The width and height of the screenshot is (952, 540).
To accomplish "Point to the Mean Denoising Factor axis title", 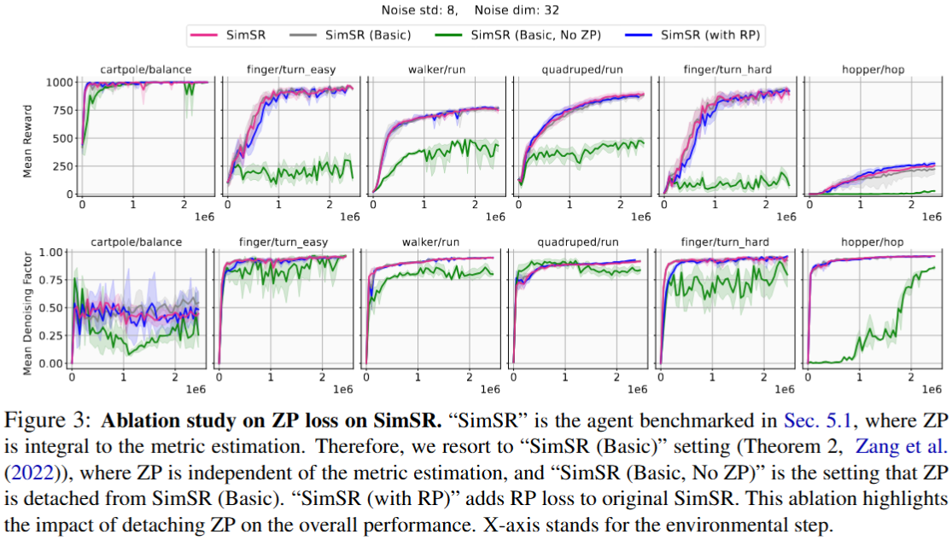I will coord(29,308).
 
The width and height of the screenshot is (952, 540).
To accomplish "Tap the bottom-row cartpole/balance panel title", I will coord(141,241).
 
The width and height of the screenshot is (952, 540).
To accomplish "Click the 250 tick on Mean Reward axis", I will coord(63,166).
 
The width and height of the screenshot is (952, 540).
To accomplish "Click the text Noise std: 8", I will coord(447,11).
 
